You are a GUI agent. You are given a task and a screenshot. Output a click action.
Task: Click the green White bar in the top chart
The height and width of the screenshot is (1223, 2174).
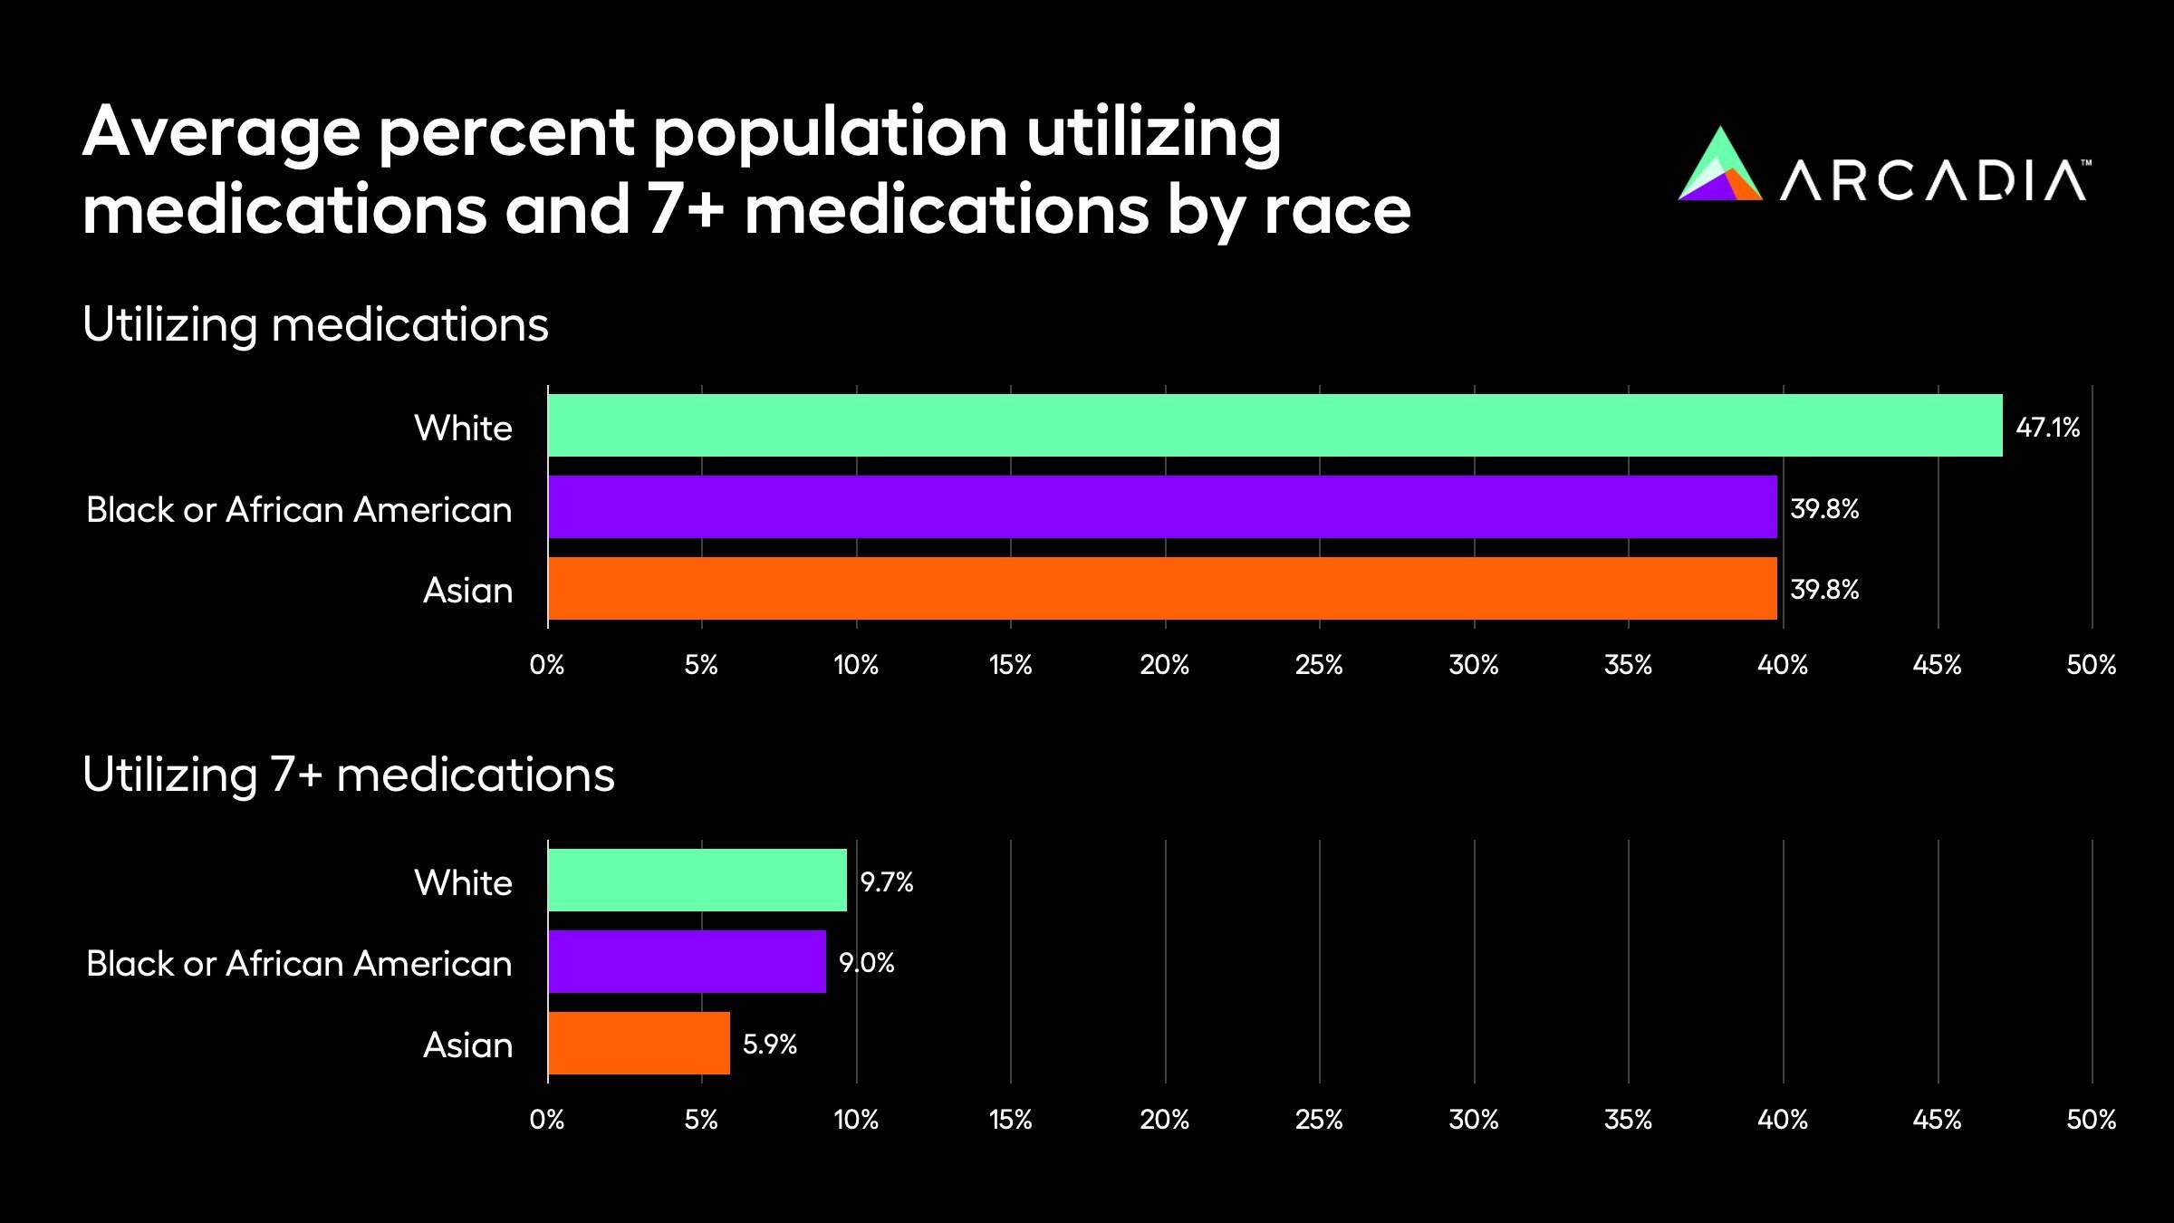click(x=1275, y=425)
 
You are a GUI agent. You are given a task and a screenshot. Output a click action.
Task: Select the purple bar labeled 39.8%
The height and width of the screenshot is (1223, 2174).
click(x=1162, y=506)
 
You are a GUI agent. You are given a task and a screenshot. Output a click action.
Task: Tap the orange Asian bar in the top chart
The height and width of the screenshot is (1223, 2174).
click(x=1162, y=588)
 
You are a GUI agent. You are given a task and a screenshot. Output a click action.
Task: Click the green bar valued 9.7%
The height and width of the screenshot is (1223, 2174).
click(x=697, y=880)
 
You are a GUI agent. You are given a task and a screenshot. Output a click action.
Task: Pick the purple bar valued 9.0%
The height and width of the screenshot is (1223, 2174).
click(x=687, y=961)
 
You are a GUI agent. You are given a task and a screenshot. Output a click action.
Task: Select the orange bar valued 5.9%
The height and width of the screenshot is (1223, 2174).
click(x=639, y=1043)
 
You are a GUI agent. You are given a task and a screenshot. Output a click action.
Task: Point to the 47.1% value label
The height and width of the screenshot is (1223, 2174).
click(x=2047, y=427)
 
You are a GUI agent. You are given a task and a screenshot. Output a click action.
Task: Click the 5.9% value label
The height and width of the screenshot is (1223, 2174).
click(x=769, y=1045)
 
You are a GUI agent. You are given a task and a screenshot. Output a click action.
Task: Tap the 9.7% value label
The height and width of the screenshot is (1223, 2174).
click(x=886, y=881)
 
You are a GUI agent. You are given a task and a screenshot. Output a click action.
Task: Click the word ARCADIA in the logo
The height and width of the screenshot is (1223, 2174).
click(x=1933, y=180)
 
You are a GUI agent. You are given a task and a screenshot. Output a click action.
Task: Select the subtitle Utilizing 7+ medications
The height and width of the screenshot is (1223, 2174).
click(x=348, y=775)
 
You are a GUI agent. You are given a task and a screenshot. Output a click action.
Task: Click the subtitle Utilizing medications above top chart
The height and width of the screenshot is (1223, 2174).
click(x=314, y=324)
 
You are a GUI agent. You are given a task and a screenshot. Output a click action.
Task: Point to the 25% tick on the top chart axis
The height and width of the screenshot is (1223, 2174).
click(x=1319, y=665)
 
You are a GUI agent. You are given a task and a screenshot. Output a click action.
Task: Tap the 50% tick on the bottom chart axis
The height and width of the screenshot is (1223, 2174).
click(x=2091, y=1120)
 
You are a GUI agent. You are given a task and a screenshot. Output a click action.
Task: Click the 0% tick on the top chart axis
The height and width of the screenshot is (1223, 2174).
click(x=547, y=665)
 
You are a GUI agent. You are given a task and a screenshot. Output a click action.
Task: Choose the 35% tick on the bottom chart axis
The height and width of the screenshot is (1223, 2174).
click(x=1628, y=1120)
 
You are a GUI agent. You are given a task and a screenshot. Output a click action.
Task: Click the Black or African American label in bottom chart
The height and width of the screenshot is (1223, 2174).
click(x=299, y=963)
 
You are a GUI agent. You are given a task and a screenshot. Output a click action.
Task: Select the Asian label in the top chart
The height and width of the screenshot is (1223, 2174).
click(x=467, y=591)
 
